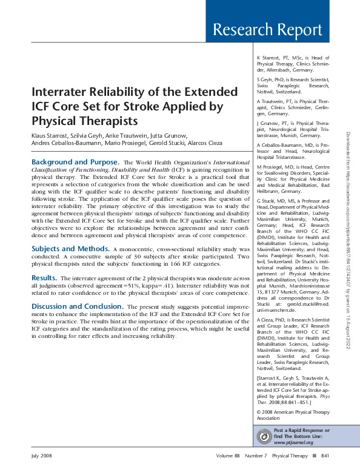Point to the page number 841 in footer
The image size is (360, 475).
tap(325, 456)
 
